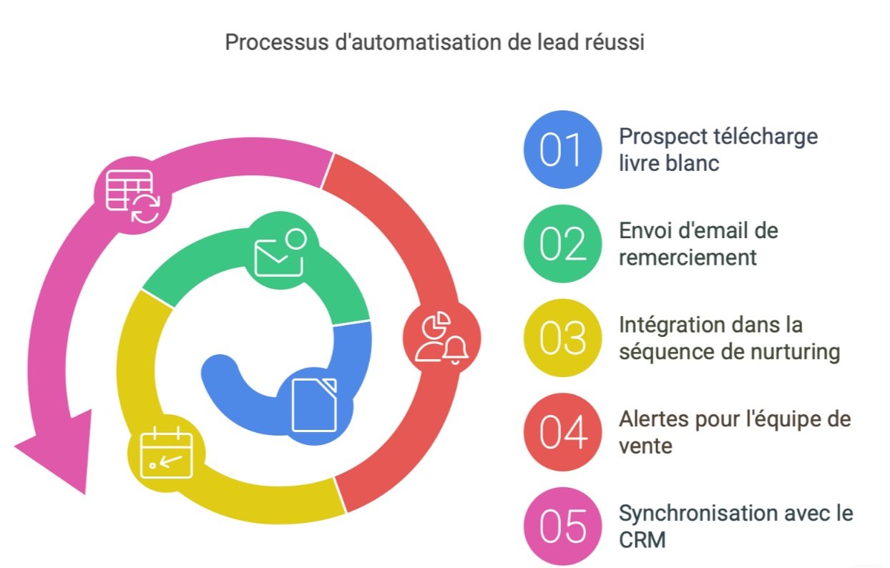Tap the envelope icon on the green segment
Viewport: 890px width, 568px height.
tap(280, 253)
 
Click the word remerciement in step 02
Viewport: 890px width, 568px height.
tap(688, 258)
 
